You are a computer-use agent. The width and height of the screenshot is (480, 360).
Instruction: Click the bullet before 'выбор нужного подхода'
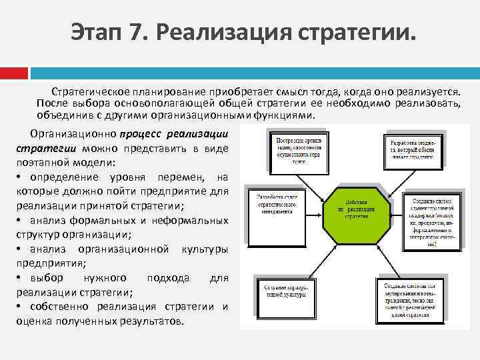[x=19, y=277]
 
